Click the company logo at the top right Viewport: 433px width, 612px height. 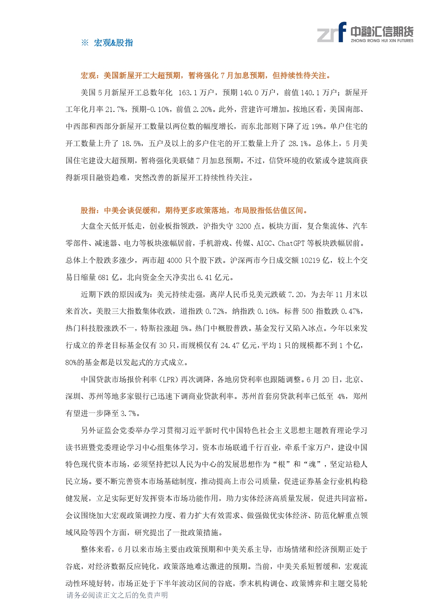(365, 32)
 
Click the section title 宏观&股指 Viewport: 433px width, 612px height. (113, 43)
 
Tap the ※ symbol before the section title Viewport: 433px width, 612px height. (85, 43)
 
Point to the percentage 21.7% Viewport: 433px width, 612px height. (115, 109)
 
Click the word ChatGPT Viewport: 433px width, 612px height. (291, 243)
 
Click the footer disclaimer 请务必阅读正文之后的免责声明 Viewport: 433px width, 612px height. (117, 595)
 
